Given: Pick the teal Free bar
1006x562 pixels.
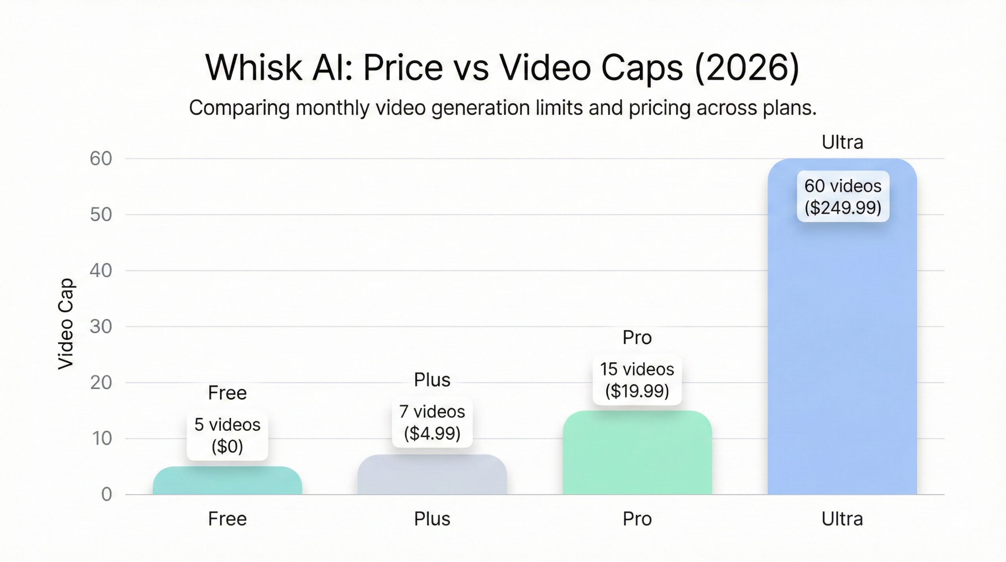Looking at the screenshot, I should tap(227, 482).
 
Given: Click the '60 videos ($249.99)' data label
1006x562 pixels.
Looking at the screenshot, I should tap(843, 197).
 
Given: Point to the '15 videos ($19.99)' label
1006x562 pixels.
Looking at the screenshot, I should tap(637, 380).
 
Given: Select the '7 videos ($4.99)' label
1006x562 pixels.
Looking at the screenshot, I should tap(432, 422).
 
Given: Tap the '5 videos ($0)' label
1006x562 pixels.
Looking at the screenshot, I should tap(227, 435).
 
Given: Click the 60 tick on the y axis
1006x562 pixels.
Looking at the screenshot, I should tap(101, 159).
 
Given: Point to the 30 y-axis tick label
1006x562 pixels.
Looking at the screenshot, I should tap(101, 327).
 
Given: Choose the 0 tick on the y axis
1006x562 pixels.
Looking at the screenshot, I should tap(106, 495).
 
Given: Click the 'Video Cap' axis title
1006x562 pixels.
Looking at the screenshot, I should tap(66, 324).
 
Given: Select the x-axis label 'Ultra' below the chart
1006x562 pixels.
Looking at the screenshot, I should tap(842, 519).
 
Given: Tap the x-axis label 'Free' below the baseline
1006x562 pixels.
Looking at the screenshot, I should tap(227, 519).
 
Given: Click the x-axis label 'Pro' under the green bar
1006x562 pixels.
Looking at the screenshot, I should tap(637, 519).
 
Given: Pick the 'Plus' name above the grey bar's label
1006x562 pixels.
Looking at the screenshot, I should tap(432, 380).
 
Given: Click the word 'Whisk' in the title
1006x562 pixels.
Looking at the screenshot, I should tap(253, 68).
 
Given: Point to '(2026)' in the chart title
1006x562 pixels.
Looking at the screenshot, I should tap(747, 68).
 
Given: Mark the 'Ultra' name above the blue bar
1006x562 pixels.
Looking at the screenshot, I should tap(842, 142).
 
